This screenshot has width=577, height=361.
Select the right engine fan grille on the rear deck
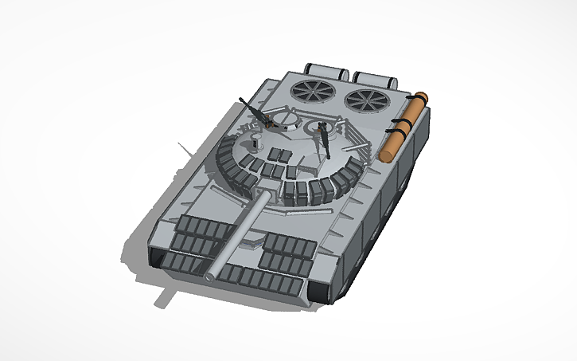[x=365, y=100]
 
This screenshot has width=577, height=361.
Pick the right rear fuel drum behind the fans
[x=374, y=78]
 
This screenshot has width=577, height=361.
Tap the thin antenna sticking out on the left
[x=184, y=148]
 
